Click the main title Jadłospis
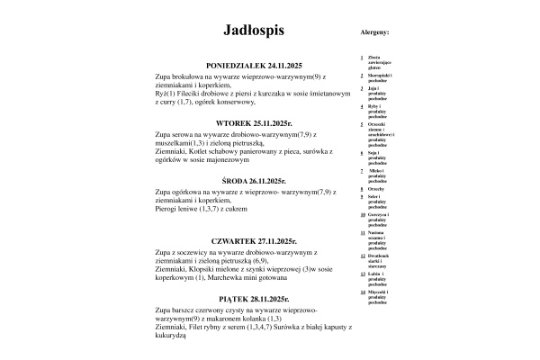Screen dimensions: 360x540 pyautogui.click(x=254, y=31)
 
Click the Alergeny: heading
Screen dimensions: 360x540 pyautogui.click(x=374, y=31)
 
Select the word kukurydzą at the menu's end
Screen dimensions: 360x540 pyautogui.click(x=170, y=334)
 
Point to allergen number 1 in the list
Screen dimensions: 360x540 pyautogui.click(x=361, y=57)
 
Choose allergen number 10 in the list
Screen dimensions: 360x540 pyautogui.click(x=362, y=214)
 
